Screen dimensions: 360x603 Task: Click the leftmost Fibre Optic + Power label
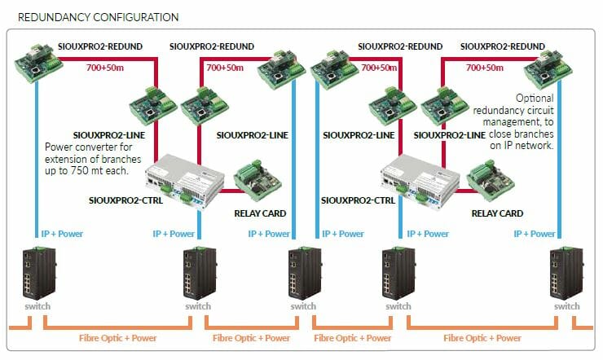click(118, 337)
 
